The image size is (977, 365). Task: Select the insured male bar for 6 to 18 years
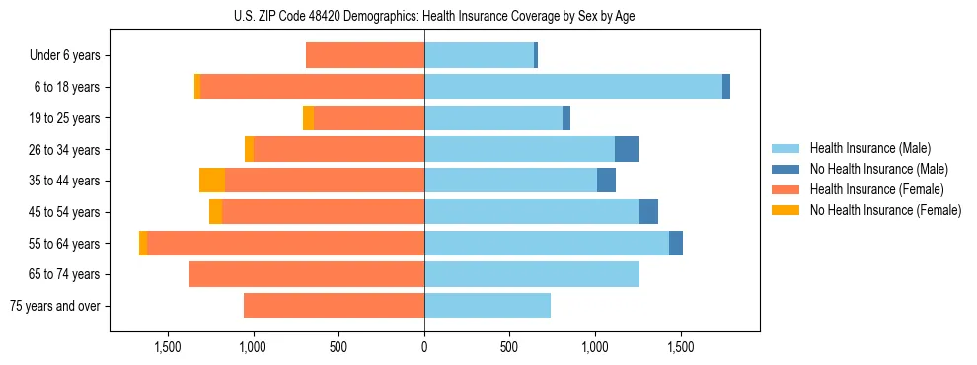[x=573, y=87]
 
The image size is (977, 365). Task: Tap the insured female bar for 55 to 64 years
[x=285, y=243]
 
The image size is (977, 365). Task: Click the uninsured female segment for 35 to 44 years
[x=212, y=181]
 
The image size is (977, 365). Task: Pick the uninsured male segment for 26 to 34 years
[x=627, y=149]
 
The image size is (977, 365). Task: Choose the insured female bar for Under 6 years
[x=365, y=55]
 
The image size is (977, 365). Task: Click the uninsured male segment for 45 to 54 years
[x=648, y=211]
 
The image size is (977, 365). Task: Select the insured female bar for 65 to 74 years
[x=307, y=274]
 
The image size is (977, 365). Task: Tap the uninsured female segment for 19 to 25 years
[x=308, y=118]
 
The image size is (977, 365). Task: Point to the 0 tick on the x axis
[x=424, y=347]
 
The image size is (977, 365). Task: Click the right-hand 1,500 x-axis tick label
[x=680, y=347]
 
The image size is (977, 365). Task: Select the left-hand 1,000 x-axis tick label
[x=254, y=347]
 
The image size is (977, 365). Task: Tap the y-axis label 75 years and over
[x=54, y=306]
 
